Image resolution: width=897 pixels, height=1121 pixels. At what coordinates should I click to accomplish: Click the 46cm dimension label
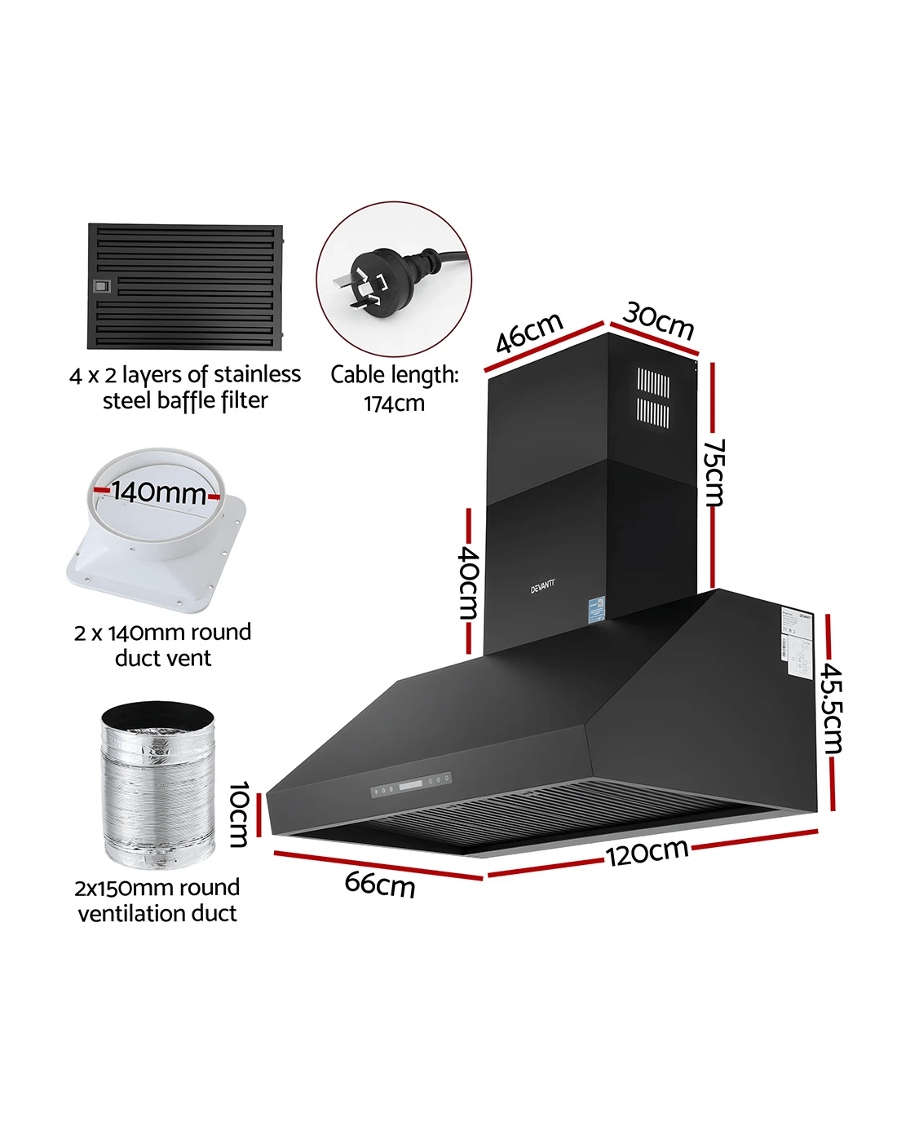pos(529,332)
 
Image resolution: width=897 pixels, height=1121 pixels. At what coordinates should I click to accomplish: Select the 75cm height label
pos(714,472)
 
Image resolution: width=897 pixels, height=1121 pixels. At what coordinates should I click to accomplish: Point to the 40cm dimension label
pos(468,580)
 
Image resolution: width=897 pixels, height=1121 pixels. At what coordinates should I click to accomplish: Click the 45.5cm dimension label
pos(832,708)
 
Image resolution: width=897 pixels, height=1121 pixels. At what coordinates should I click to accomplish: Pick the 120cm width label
pos(647,852)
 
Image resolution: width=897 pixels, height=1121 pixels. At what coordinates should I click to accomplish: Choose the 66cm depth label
pos(380,883)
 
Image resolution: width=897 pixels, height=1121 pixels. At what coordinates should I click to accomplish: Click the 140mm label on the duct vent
pos(158,492)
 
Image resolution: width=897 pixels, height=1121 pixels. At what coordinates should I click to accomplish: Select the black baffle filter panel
pos(185,286)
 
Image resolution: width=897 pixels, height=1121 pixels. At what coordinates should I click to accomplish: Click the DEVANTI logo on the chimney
pos(543,585)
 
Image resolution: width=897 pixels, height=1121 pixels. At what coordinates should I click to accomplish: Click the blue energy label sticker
pos(599,608)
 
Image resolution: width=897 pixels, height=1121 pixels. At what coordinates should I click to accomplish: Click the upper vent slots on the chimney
pos(653,382)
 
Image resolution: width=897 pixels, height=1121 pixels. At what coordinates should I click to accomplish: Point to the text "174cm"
pos(394,403)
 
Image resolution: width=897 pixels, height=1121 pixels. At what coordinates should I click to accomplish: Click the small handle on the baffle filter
pos(102,286)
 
